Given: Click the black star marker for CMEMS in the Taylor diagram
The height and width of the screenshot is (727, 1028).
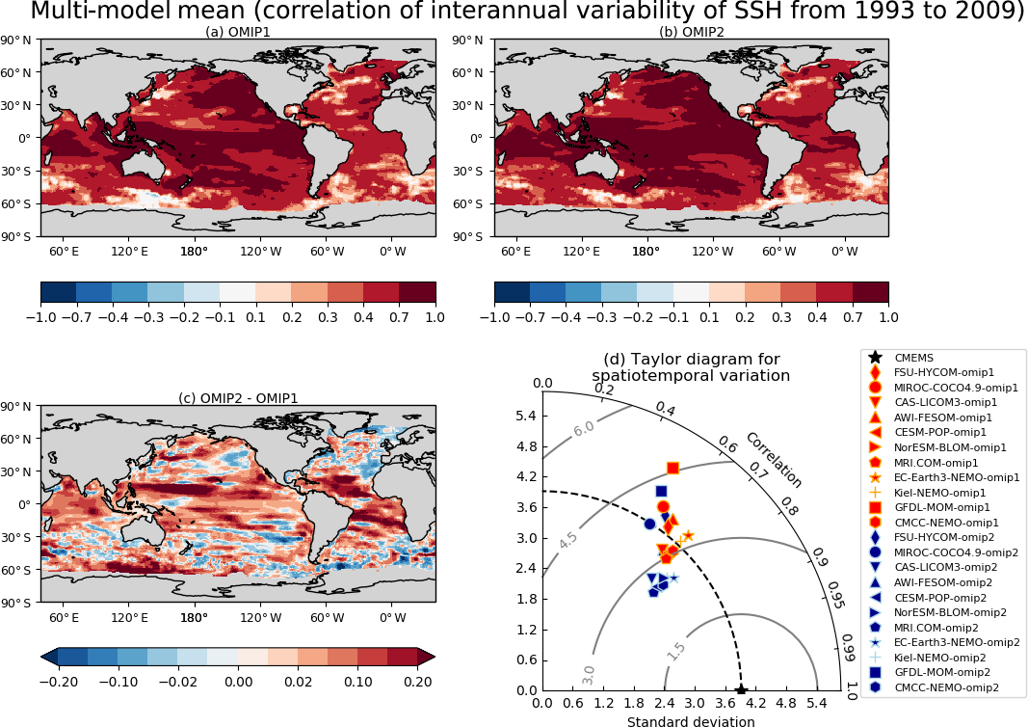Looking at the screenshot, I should click(741, 689).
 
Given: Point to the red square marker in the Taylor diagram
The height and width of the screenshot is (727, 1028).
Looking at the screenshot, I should click(672, 468).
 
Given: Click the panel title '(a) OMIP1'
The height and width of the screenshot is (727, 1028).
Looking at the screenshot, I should click(238, 32).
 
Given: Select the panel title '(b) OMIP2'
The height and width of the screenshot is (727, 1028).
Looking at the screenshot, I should click(691, 32).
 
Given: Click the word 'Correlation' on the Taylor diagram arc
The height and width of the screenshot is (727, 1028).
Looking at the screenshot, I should click(773, 459).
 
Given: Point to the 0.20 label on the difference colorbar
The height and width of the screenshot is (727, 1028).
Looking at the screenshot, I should click(417, 680).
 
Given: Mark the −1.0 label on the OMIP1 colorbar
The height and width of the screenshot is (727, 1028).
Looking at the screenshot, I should click(41, 315).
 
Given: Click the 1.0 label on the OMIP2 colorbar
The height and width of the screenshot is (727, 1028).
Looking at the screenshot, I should click(887, 315).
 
